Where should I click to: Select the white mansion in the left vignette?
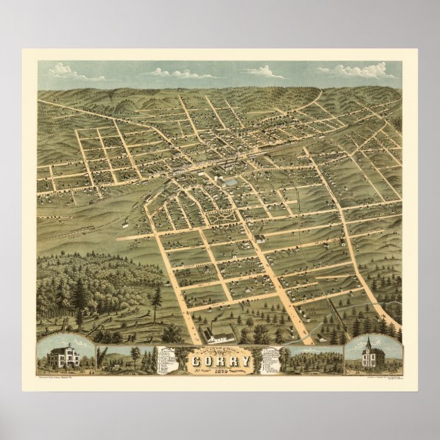tap(63, 357)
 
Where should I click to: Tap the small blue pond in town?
tap(231, 182)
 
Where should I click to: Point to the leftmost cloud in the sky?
tap(65, 70)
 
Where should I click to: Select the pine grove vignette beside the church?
tap(313, 359)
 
